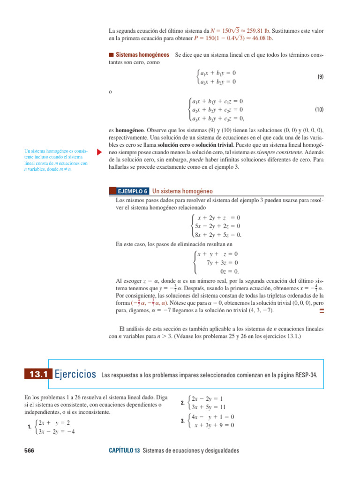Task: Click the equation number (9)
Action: [320, 77]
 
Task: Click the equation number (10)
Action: [319, 110]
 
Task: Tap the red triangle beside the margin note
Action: [98, 152]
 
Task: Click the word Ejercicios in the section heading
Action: [75, 374]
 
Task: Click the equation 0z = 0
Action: [229, 271]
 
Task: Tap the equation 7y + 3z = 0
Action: [222, 262]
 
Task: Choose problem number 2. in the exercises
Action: [182, 403]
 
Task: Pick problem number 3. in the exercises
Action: [182, 421]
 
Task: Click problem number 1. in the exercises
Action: [30, 427]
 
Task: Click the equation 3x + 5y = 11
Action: [209, 407]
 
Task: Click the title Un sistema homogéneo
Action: [183, 191]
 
